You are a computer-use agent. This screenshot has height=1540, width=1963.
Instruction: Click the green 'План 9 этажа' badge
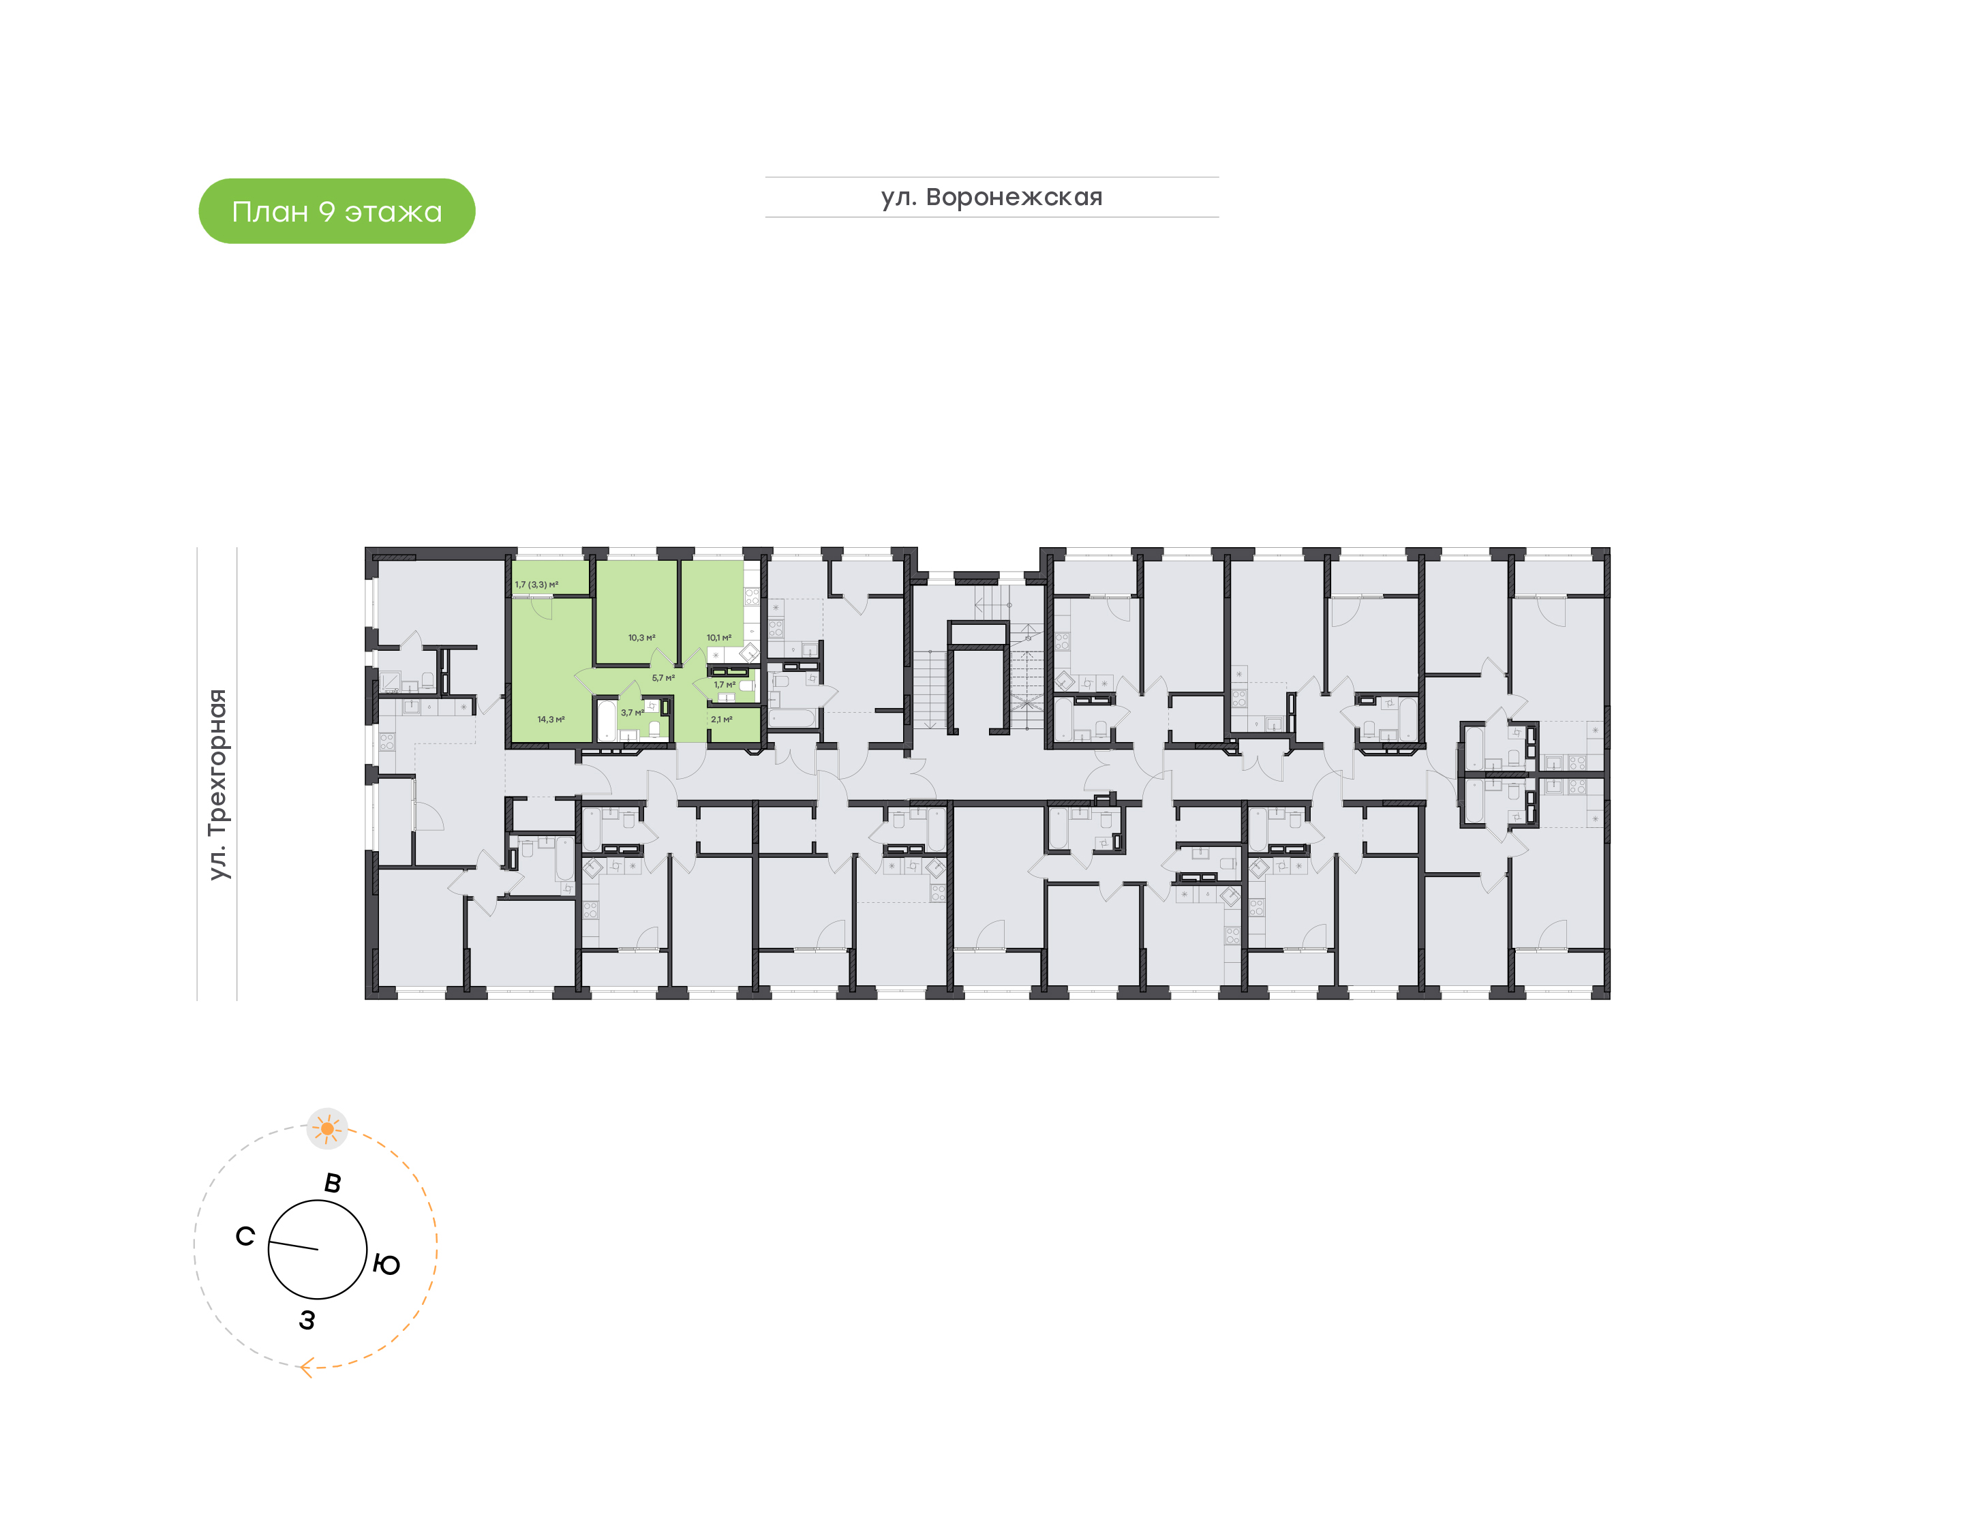(336, 211)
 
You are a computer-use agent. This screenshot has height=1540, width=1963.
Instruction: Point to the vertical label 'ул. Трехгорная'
(217, 784)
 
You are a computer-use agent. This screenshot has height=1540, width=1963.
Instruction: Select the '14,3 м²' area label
(550, 720)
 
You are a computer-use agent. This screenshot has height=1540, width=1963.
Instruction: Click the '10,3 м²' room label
(641, 637)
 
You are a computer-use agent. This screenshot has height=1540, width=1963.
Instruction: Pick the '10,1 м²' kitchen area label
(718, 637)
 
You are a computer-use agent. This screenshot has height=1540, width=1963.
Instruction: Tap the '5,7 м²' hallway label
(663, 678)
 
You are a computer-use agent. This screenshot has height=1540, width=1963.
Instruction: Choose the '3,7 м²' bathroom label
(632, 712)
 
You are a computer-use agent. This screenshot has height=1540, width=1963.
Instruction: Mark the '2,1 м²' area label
(721, 720)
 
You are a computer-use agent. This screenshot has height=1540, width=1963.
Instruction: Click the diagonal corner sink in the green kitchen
(748, 653)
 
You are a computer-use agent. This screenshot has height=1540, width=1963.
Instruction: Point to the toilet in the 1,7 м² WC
(746, 686)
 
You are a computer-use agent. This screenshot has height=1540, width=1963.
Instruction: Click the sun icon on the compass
(327, 1128)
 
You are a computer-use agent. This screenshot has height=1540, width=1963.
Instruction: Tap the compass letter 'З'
(307, 1320)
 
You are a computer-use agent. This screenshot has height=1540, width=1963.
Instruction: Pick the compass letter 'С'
(245, 1236)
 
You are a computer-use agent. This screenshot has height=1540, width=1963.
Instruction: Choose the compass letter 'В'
(333, 1183)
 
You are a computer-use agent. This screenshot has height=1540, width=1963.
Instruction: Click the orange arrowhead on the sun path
(307, 1369)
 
